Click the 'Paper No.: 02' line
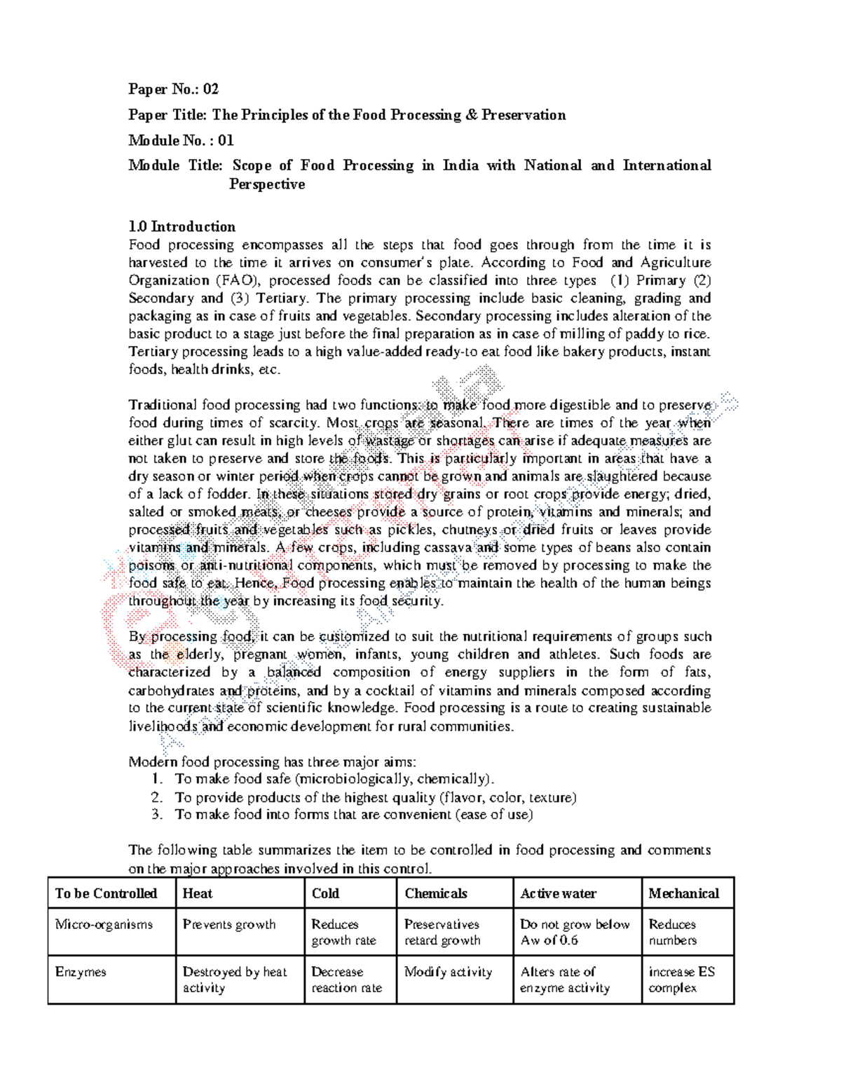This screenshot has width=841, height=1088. [173, 89]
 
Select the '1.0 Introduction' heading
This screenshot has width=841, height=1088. [182, 226]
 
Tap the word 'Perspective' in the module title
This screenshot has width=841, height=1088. [267, 184]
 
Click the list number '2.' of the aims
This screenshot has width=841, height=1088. [157, 797]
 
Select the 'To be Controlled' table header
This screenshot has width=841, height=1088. [106, 893]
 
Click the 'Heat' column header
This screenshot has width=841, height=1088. [197, 893]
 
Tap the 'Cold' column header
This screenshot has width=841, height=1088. [325, 893]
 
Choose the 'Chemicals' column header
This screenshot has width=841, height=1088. [435, 893]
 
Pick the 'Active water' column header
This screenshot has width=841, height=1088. [558, 893]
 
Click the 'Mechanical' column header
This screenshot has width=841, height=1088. [683, 893]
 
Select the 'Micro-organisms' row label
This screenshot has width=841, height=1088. [104, 924]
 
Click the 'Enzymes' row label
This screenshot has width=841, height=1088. [81, 972]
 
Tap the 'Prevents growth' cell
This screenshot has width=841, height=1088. [229, 924]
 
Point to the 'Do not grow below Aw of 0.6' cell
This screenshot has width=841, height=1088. [575, 932]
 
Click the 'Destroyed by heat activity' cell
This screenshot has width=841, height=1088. [235, 979]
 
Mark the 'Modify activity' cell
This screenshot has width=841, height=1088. [448, 972]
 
